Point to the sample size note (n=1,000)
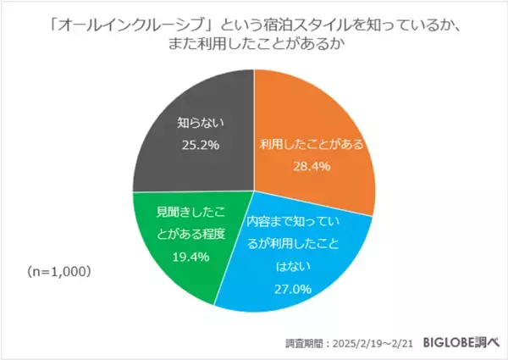tap(58, 273)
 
